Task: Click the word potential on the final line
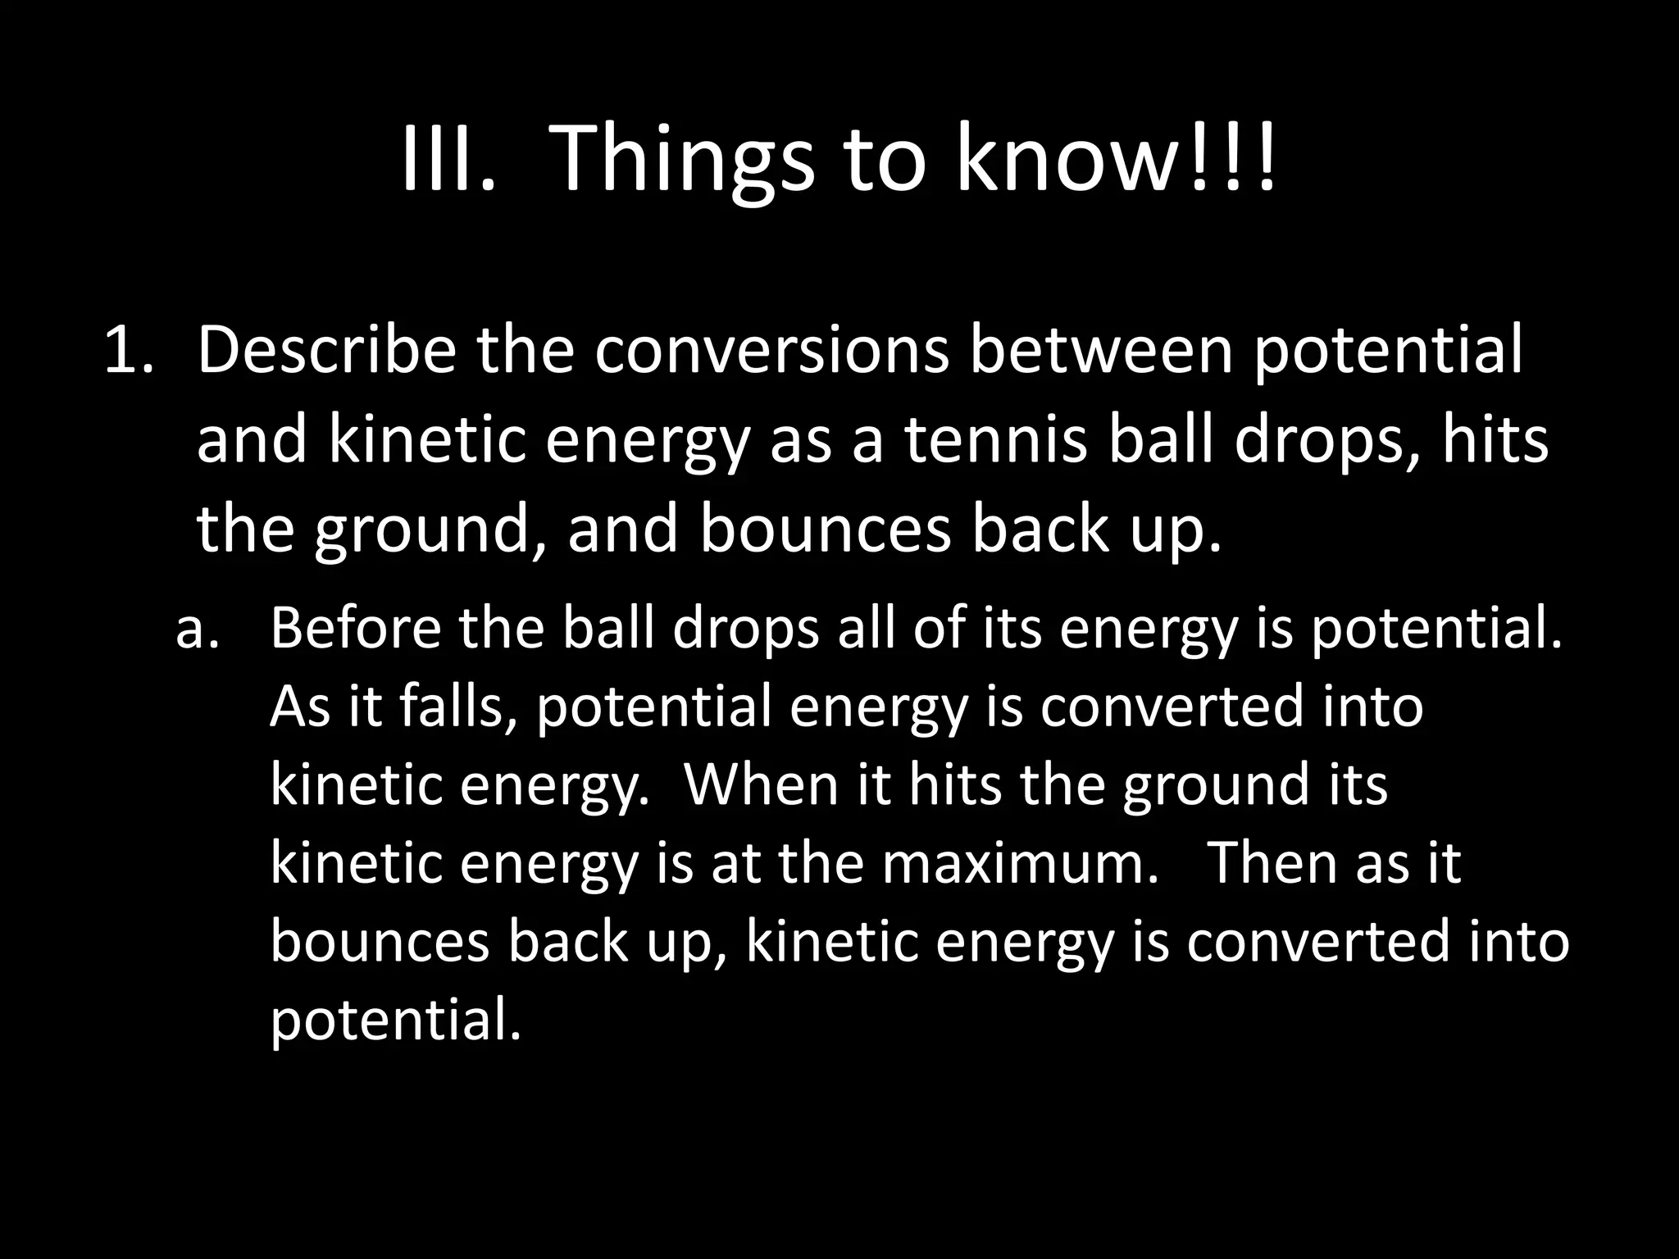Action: point(395,1021)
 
